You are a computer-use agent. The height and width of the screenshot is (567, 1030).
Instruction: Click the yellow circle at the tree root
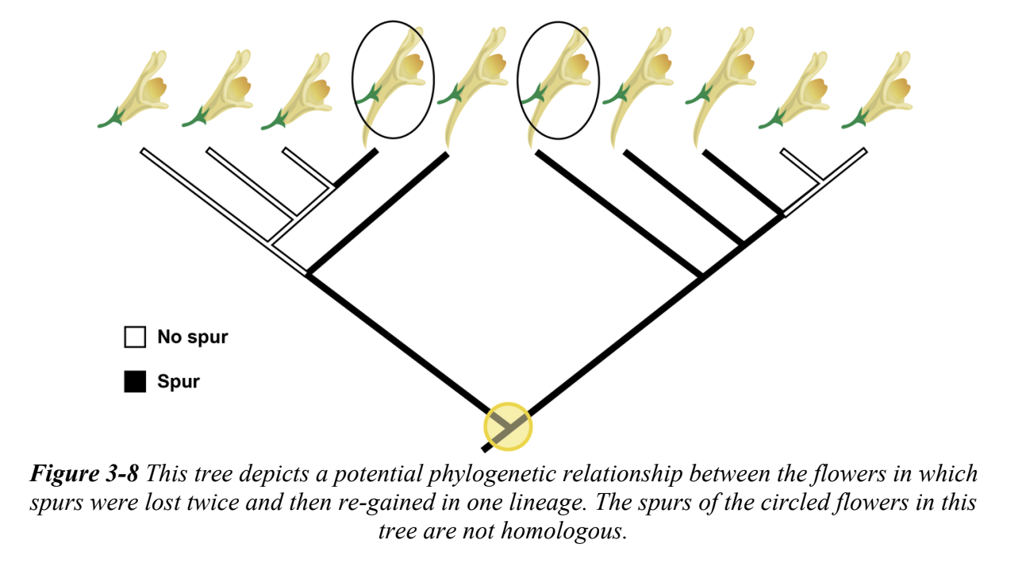pyautogui.click(x=507, y=426)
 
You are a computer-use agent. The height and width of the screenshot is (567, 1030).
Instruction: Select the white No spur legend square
pyautogui.click(x=135, y=337)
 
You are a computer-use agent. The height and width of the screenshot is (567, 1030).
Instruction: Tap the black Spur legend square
pyautogui.click(x=135, y=382)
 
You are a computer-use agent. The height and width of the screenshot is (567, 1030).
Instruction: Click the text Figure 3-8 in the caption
pyautogui.click(x=84, y=475)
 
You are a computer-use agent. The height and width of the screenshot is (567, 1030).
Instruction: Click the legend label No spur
pyautogui.click(x=192, y=337)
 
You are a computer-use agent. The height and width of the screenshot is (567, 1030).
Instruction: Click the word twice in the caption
pyautogui.click(x=209, y=503)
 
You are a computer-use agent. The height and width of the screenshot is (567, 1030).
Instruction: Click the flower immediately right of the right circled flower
pyautogui.click(x=641, y=79)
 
